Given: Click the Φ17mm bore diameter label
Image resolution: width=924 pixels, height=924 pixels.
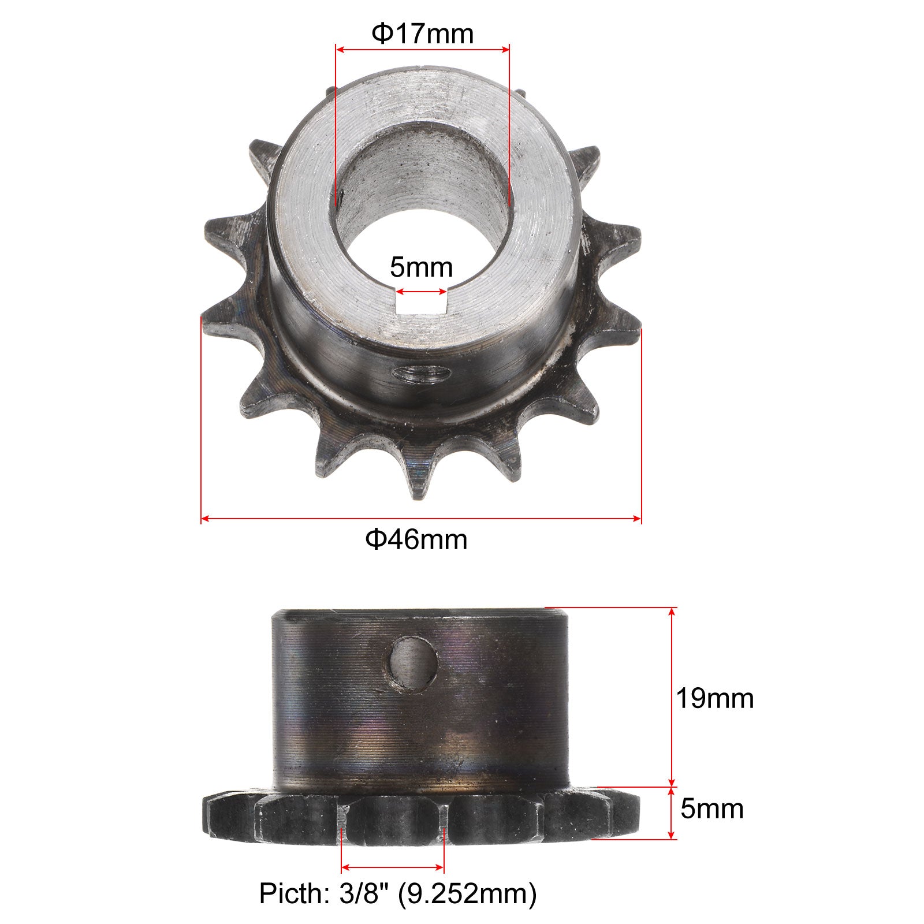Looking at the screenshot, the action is pyautogui.click(x=422, y=34).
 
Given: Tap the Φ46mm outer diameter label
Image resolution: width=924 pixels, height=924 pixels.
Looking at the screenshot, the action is pyautogui.click(x=416, y=539).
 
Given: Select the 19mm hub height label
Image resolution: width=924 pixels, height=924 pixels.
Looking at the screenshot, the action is pyautogui.click(x=715, y=699).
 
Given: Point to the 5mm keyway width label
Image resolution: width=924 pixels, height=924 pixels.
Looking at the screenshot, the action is pyautogui.click(x=422, y=267).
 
